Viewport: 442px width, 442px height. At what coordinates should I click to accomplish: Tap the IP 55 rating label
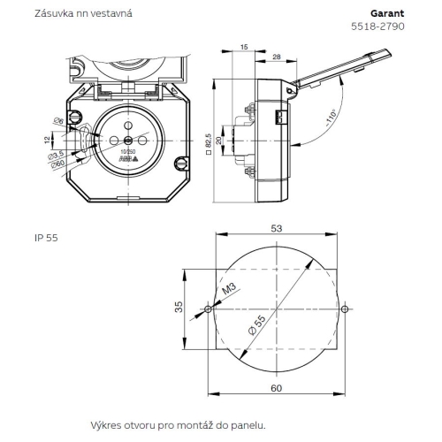[x=46, y=238]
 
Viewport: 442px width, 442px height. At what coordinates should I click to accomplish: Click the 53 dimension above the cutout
[x=276, y=228]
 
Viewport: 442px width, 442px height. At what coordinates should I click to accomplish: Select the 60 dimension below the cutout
[x=276, y=388]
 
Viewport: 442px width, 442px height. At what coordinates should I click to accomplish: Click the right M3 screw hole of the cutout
[x=345, y=309]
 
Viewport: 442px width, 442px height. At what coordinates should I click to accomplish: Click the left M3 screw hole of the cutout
[x=207, y=309]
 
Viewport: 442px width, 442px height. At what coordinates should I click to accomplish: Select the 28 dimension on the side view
[x=277, y=57]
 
